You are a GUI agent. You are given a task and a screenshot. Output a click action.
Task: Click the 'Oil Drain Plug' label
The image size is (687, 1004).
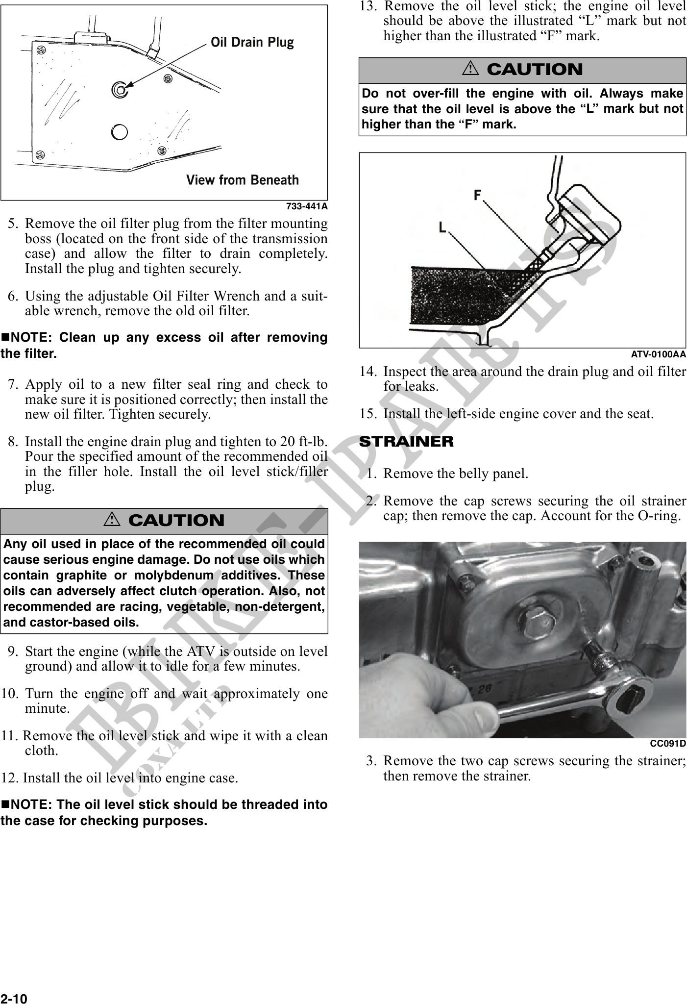252,43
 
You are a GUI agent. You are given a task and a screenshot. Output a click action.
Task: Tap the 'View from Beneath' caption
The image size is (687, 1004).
242,180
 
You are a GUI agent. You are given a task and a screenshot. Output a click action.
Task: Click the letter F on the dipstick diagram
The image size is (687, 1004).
477,196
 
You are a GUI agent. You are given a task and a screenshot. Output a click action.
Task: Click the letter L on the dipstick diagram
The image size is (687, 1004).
442,227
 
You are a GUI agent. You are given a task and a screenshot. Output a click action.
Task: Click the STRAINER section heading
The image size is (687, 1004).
406,442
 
